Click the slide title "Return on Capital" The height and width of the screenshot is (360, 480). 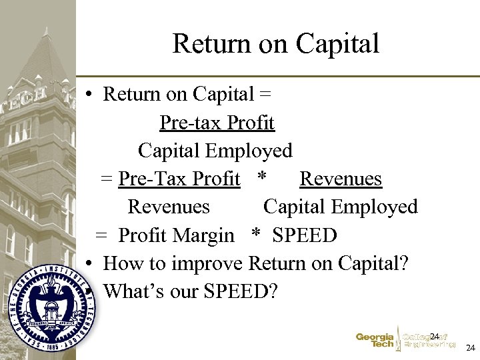click(x=275, y=43)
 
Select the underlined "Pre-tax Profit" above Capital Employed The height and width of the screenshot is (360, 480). click(x=217, y=123)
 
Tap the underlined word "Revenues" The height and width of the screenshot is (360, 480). click(x=341, y=179)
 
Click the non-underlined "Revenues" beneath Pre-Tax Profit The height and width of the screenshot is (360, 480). click(x=169, y=207)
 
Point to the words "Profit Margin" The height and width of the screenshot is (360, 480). click(x=176, y=235)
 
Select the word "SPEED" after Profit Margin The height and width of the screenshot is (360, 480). click(x=305, y=235)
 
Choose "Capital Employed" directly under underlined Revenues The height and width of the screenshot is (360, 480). click(x=340, y=207)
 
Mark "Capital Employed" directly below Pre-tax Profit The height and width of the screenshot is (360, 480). click(x=215, y=151)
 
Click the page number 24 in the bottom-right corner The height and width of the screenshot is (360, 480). click(x=470, y=348)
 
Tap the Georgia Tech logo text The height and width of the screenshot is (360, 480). click(x=375, y=341)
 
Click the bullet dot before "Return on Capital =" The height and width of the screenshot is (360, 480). click(x=89, y=95)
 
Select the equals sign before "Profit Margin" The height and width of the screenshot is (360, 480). click(x=101, y=235)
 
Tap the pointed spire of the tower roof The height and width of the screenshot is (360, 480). click(x=46, y=33)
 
